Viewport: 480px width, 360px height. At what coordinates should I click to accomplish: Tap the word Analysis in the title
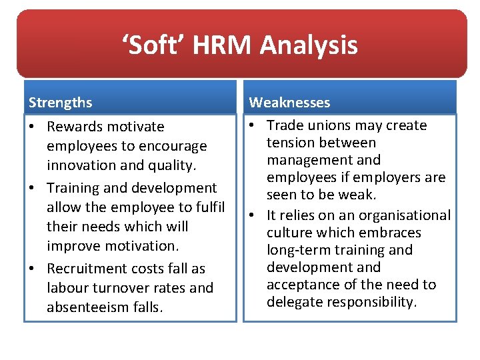pos(309,45)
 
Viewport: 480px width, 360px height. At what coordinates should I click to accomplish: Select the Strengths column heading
pos(60,103)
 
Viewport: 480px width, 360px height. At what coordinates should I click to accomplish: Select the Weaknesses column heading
pos(289,103)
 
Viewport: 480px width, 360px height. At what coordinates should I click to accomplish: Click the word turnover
pos(117,288)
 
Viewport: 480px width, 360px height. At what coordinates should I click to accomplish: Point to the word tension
pos(289,143)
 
